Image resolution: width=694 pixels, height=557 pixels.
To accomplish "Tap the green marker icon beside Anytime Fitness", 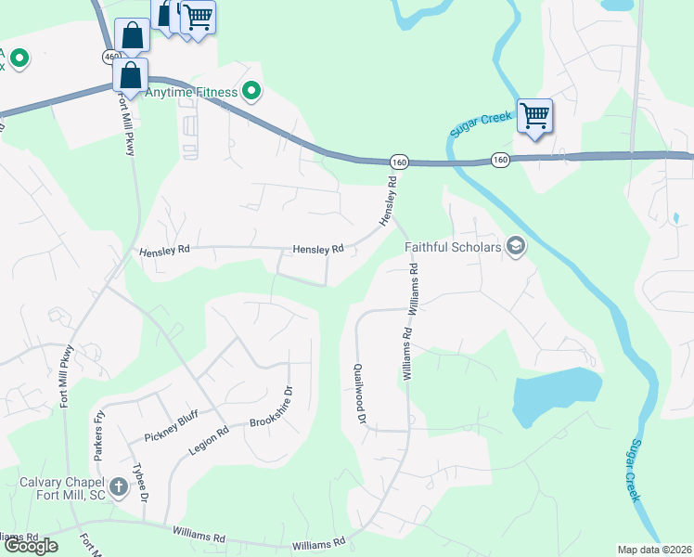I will point(251,91).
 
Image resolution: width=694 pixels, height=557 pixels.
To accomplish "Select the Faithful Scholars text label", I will point(453,247).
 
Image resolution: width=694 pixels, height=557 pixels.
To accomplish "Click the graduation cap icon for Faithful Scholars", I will point(516,247).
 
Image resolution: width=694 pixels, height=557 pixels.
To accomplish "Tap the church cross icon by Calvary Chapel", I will point(118,486).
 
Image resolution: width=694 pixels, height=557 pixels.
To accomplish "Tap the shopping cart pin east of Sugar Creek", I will point(534,116).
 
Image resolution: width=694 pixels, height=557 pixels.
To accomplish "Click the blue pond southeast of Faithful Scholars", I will point(555,394).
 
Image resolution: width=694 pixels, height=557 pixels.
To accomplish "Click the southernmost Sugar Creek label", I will point(633,472).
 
